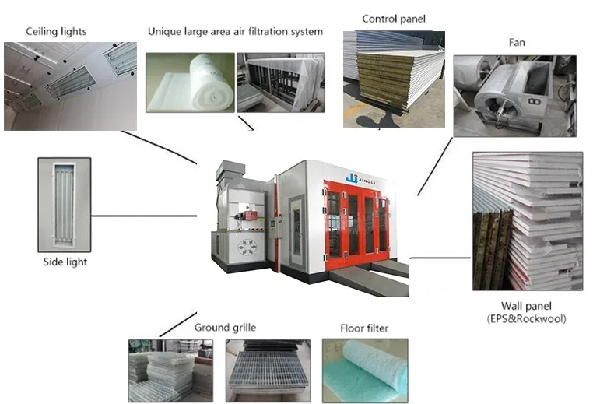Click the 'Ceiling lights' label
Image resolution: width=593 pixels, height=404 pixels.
56,32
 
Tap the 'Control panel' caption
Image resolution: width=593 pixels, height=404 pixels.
394,19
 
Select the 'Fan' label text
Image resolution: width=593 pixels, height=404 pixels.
517,42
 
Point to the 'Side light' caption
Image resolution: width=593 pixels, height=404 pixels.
65,262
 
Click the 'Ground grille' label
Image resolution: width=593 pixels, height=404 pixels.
225,328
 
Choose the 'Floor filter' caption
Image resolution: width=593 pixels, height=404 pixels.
364,328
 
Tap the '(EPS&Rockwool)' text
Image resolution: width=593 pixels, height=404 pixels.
526,318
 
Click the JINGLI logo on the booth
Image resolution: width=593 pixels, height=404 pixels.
360,179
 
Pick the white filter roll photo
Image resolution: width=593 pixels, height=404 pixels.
190,83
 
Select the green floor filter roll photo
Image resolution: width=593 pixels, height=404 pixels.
365,371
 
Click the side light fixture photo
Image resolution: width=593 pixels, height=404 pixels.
65,205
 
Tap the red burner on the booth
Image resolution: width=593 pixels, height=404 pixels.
249,216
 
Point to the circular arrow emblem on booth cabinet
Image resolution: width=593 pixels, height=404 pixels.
247,248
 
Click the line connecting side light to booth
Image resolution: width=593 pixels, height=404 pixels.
144,216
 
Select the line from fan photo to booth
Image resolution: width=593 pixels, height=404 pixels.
435,167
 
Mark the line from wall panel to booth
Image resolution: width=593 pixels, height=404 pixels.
440,258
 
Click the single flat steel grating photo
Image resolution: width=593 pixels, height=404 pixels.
268,371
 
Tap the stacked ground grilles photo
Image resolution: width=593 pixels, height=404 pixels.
170,371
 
